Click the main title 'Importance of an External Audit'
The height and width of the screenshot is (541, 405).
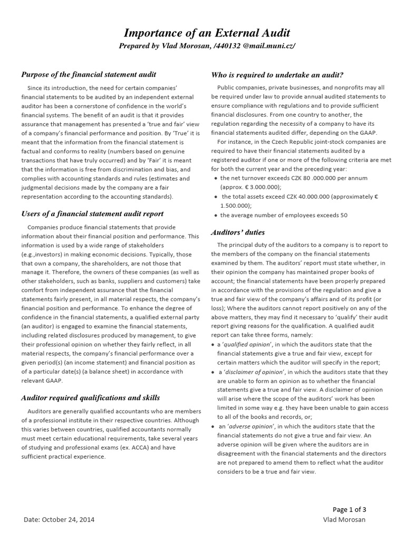pos(207,33)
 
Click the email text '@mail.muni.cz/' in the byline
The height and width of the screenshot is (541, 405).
pos(269,46)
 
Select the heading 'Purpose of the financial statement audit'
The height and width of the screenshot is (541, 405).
pos(88,74)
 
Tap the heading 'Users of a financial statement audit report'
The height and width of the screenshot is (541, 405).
pos(92,213)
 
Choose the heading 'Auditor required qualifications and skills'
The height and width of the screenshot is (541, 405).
pos(90,397)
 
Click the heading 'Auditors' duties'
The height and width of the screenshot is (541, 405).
pos(238,232)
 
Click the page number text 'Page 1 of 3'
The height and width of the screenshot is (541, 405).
pos(350,509)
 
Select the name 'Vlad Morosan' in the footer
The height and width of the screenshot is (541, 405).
pos(344,520)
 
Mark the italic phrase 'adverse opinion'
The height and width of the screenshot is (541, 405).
pos(246,426)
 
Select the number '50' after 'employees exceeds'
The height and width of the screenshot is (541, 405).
pos(343,215)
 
